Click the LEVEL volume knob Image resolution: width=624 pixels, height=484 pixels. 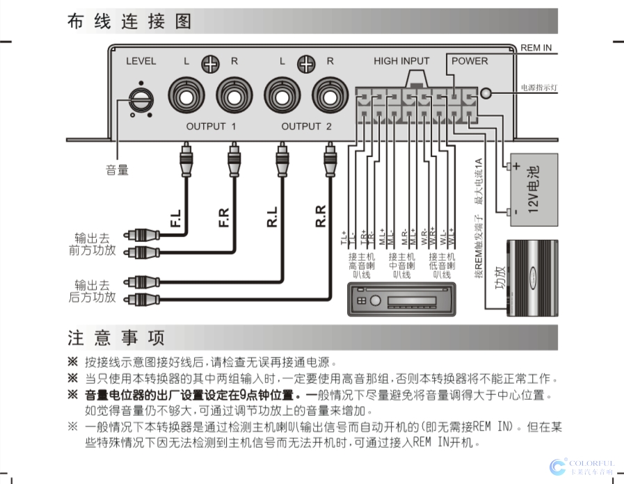click(x=141, y=97)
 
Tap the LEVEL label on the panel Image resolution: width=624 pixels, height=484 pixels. click(x=141, y=61)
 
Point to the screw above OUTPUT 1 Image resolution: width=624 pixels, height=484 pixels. click(x=210, y=64)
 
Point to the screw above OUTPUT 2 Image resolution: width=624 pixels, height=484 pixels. click(x=306, y=64)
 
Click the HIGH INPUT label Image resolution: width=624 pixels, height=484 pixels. click(x=401, y=61)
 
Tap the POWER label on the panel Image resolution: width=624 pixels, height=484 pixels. click(x=470, y=61)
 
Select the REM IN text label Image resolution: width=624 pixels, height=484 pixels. click(x=536, y=47)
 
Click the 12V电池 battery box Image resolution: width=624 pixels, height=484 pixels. click(x=534, y=189)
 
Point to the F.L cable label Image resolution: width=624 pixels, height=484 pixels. click(x=177, y=217)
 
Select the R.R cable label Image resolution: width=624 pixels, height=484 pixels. click(x=321, y=217)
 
